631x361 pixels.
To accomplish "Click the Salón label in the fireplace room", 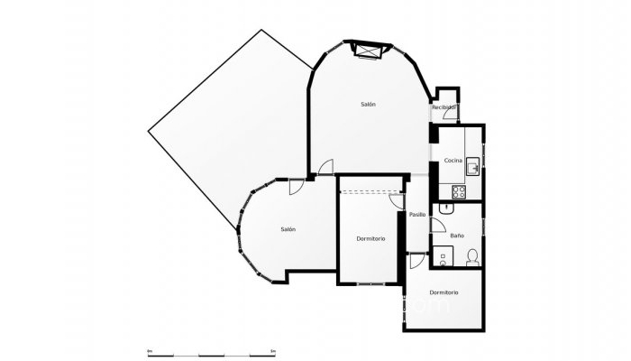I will click(368, 105).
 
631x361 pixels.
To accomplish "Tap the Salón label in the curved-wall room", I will click(288, 229).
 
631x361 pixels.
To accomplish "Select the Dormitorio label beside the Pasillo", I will click(370, 238).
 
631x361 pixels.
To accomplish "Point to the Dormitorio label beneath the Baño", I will click(444, 292).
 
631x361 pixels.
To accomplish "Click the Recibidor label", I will click(444, 107).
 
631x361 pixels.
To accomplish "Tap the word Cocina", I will click(453, 161).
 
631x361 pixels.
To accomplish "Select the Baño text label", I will click(457, 236).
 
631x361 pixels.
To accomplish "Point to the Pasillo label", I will click(417, 215).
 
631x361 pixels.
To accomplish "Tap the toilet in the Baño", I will click(472, 260).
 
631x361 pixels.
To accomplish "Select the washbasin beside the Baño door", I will click(441, 208).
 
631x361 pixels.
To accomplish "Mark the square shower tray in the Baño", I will click(441, 257).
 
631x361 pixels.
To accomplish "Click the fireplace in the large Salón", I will click(370, 51).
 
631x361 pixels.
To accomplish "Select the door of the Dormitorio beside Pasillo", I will click(399, 204).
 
